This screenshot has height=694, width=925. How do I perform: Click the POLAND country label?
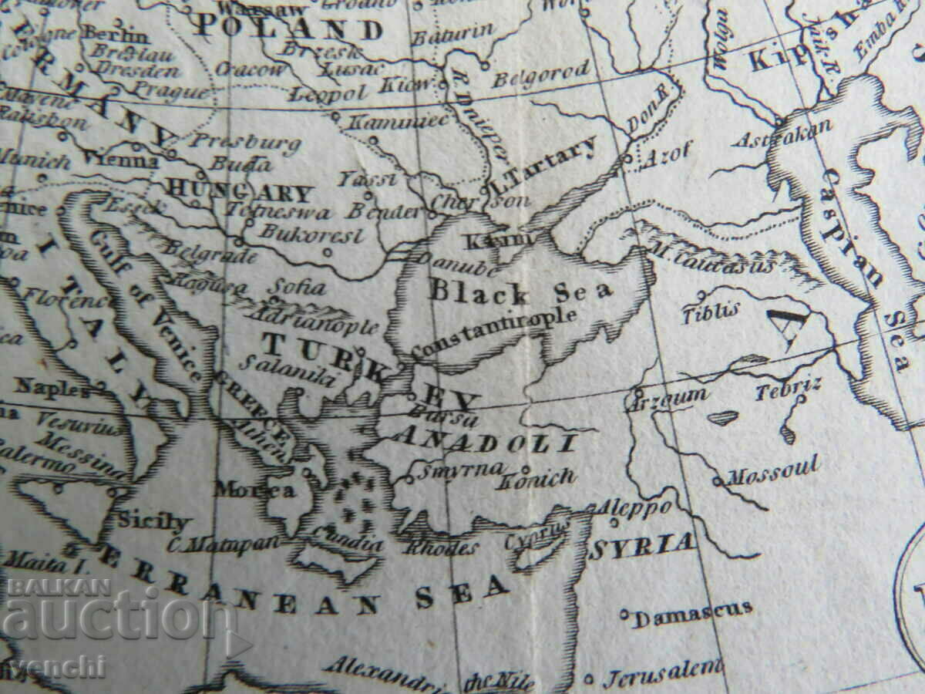288,29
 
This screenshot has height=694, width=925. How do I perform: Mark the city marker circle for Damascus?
624,615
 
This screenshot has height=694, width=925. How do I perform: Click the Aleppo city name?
636,508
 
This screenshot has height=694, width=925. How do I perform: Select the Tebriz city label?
788,389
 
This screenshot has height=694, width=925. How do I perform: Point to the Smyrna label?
459,469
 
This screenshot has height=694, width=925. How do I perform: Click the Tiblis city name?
711,311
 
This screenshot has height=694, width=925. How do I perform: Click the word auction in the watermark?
116,619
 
